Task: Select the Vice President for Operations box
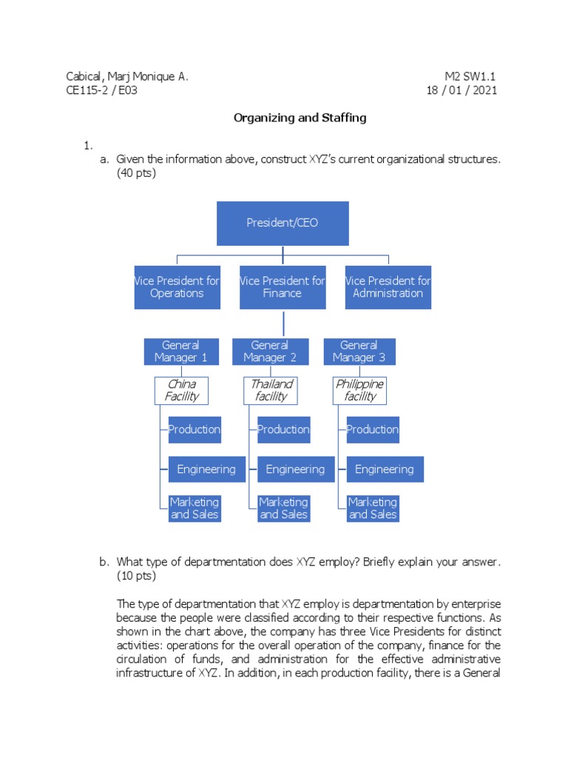pyautogui.click(x=177, y=287)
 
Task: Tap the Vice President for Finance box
pyautogui.click(x=282, y=287)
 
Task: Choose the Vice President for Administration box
pyautogui.click(x=388, y=287)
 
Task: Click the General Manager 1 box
pyautogui.click(x=181, y=352)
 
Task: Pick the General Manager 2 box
pyautogui.click(x=270, y=352)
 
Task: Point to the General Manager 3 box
pyautogui.click(x=359, y=352)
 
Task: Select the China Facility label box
pyautogui.click(x=181, y=390)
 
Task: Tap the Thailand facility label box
pyautogui.click(x=271, y=390)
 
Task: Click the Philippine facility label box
pyautogui.click(x=359, y=390)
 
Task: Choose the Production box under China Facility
pyautogui.click(x=194, y=429)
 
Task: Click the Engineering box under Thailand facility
pyautogui.click(x=295, y=469)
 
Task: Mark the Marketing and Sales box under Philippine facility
pyautogui.click(x=373, y=509)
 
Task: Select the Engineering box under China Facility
pyautogui.click(x=206, y=469)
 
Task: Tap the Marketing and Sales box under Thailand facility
pyautogui.click(x=283, y=509)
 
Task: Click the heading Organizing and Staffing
pyautogui.click(x=300, y=118)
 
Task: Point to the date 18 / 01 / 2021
pyautogui.click(x=462, y=90)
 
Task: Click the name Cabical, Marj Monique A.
pyautogui.click(x=127, y=76)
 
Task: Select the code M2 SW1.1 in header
pyautogui.click(x=470, y=76)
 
